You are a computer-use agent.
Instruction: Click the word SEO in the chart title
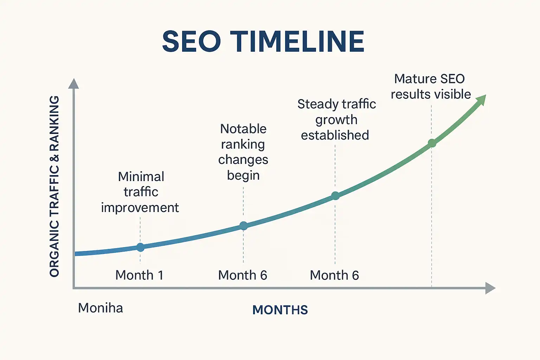pyautogui.click(x=192, y=41)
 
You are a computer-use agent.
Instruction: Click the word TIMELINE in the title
pyautogui.click(x=297, y=41)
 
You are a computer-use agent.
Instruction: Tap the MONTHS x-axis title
pyautogui.click(x=280, y=310)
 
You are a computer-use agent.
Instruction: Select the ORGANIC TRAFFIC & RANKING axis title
pyautogui.click(x=54, y=186)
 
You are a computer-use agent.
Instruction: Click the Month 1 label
pyautogui.click(x=139, y=275)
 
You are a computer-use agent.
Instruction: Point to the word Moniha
pyautogui.click(x=101, y=308)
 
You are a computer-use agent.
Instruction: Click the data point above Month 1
pyautogui.click(x=140, y=247)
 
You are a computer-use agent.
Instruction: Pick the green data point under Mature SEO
pyautogui.click(x=432, y=143)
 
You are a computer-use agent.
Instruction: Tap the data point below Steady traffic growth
pyautogui.click(x=335, y=196)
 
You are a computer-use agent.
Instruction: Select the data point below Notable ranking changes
pyautogui.click(x=243, y=226)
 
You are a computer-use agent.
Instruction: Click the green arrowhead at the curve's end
pyautogui.click(x=481, y=100)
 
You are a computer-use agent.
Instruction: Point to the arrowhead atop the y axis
pyautogui.click(x=73, y=84)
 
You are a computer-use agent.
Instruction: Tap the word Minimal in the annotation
pyautogui.click(x=141, y=176)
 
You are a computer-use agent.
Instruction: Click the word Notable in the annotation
pyautogui.click(x=243, y=129)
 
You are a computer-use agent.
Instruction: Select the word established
pyautogui.click(x=335, y=135)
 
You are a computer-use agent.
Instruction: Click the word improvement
pyautogui.click(x=140, y=208)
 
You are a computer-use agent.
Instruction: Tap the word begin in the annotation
pyautogui.click(x=243, y=175)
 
